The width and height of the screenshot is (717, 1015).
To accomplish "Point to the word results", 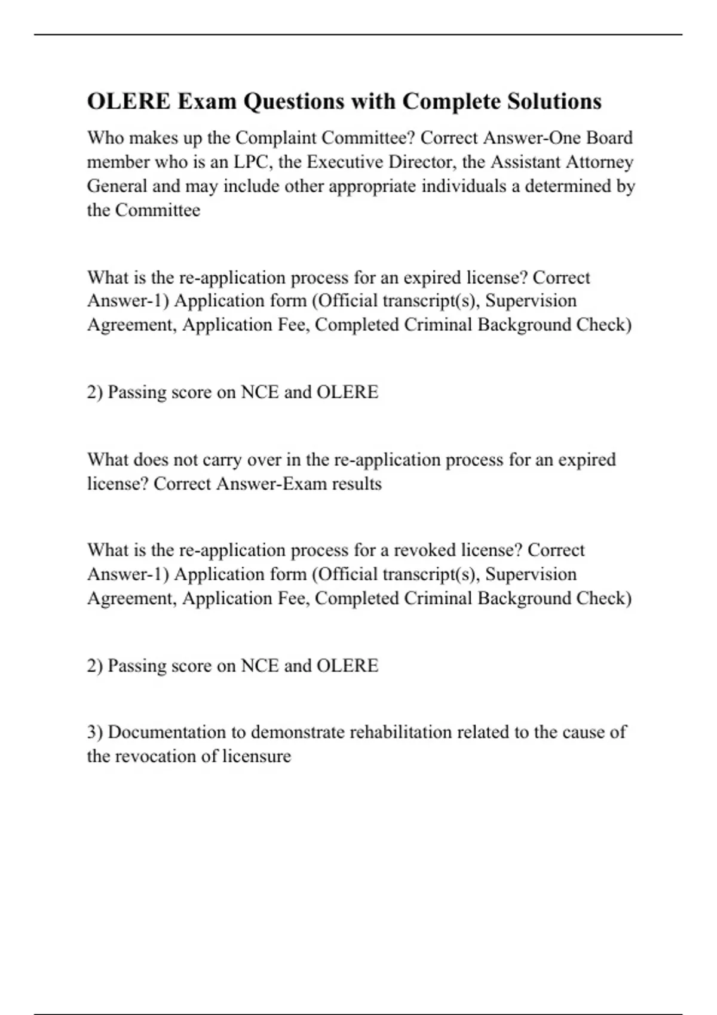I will [357, 484].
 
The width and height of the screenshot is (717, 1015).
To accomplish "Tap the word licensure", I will [257, 756].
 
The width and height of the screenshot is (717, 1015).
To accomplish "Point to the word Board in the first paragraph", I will [609, 138].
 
